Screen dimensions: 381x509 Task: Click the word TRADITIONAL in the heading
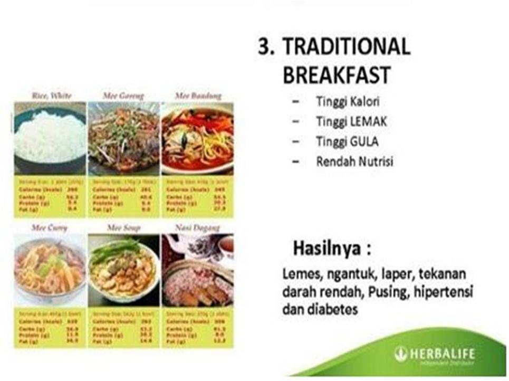[346, 47]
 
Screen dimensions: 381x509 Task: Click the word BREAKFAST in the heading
[336, 75]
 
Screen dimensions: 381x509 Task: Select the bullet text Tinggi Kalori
[348, 101]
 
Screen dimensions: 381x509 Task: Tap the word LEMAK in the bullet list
[368, 121]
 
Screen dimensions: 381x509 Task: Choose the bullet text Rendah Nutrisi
[354, 161]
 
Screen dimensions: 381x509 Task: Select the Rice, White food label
[50, 96]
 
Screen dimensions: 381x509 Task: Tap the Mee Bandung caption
[197, 96]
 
